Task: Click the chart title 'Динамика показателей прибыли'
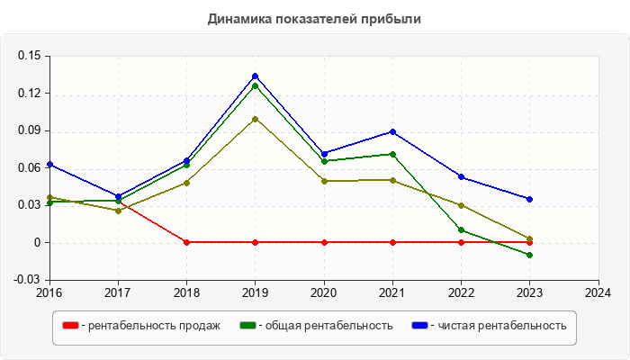click(314, 18)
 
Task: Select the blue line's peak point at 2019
click(256, 76)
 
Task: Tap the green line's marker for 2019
click(256, 86)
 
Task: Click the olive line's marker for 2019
click(256, 119)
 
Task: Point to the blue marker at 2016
click(50, 165)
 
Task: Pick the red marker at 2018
click(187, 242)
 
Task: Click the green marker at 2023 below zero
click(529, 255)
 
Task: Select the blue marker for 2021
click(392, 131)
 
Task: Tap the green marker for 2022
click(461, 229)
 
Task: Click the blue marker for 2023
click(529, 199)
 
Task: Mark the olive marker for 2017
click(119, 211)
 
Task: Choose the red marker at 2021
click(392, 242)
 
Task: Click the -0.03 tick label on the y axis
click(28, 280)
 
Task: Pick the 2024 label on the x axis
click(598, 292)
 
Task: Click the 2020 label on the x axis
click(324, 292)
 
